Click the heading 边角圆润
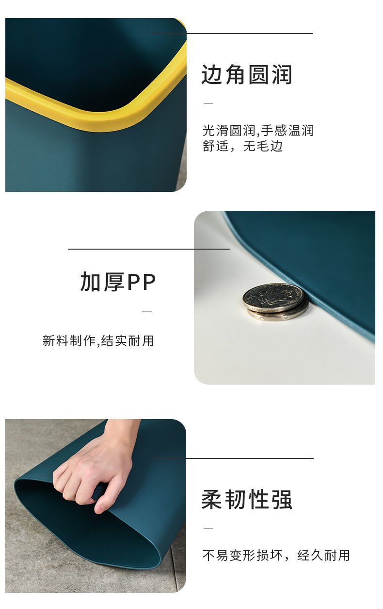246,74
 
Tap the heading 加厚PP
118,282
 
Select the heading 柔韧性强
246,499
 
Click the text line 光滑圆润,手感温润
258,131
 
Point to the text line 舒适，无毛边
243,146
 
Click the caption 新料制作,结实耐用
98,340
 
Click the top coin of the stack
273,297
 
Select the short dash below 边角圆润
208,103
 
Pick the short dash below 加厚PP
147,312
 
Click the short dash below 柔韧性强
208,528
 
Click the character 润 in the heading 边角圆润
282,74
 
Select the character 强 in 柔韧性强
282,499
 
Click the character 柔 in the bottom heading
211,499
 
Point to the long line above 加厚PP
149,249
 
